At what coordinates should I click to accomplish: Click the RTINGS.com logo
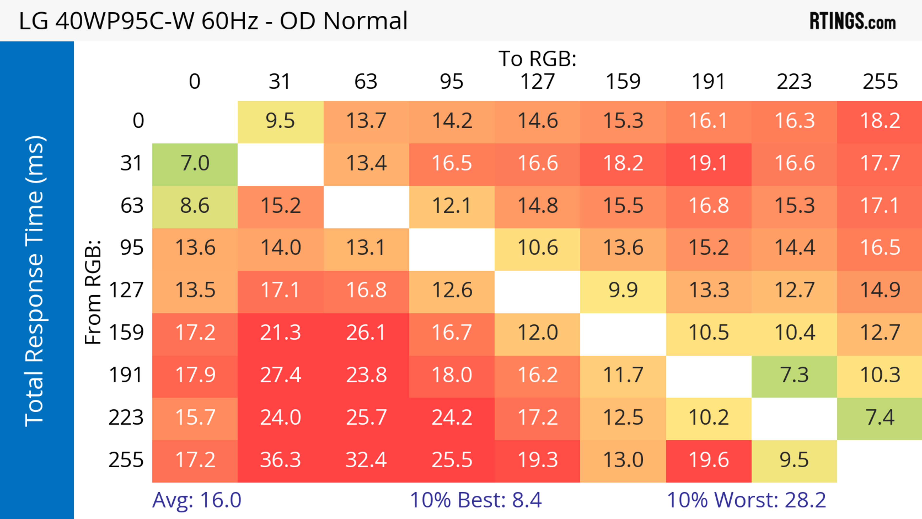pos(853,21)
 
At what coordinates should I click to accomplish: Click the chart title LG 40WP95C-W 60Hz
pos(213,21)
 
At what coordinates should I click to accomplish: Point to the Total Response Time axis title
pos(35,281)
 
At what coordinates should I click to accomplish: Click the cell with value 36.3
pos(280,460)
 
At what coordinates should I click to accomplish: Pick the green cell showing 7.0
pos(195,163)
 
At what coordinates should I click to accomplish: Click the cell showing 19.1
pos(709,163)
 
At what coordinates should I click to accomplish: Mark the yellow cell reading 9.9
pos(623,290)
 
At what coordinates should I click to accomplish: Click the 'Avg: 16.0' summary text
pos(197,500)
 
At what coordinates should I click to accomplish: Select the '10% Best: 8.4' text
pos(476,500)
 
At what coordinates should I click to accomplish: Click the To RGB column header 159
pos(623,82)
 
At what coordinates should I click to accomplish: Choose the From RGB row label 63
pos(132,206)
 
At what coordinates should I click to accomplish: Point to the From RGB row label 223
pos(126,418)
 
